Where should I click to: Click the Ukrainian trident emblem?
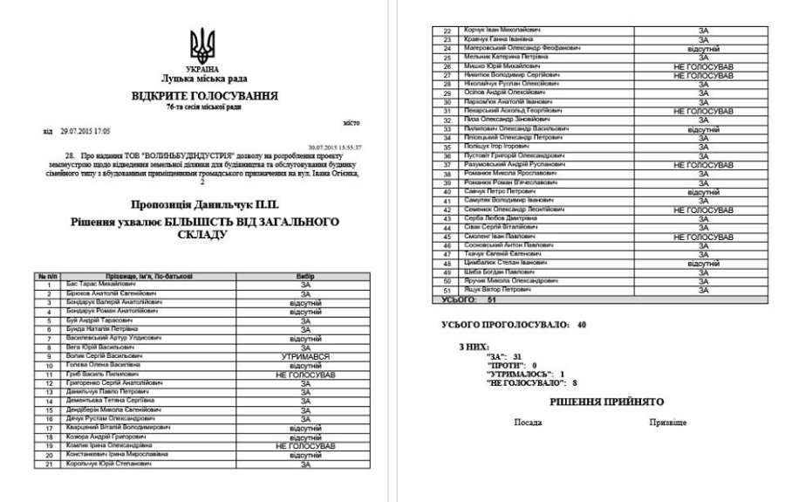click(201, 45)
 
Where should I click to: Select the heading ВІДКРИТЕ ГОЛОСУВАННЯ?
click(205, 95)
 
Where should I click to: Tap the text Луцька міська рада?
click(202, 79)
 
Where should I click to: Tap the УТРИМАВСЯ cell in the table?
click(305, 356)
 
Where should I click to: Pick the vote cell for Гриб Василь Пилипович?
click(305, 374)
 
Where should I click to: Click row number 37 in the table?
click(447, 164)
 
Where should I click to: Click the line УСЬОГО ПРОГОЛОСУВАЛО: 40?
click(515, 325)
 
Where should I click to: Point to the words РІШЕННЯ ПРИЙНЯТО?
click(606, 402)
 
